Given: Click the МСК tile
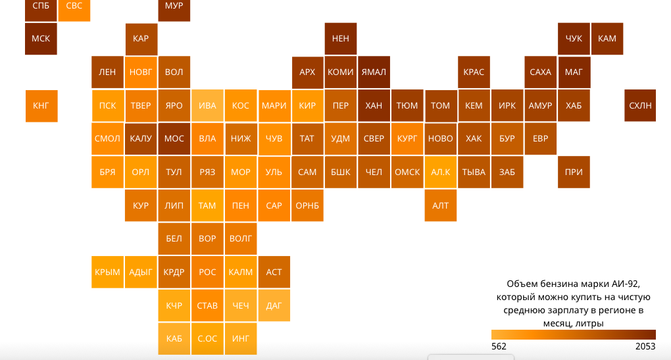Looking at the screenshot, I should click(x=41, y=39).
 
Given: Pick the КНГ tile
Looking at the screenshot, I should click(x=41, y=105).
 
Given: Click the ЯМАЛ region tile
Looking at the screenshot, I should click(x=374, y=72).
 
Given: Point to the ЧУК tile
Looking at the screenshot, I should click(x=574, y=39).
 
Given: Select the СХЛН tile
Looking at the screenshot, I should click(x=640, y=105).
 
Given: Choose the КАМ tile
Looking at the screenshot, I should click(x=607, y=39).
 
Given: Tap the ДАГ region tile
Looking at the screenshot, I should click(x=274, y=305).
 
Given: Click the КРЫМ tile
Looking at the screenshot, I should click(x=107, y=272).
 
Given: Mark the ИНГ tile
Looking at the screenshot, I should click(x=241, y=339).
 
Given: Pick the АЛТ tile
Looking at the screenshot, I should click(x=441, y=205).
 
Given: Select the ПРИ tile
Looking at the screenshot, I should click(x=574, y=172).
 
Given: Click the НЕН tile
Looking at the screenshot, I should click(x=341, y=39).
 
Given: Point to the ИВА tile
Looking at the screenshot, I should click(x=207, y=105).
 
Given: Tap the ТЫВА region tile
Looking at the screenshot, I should click(x=474, y=172).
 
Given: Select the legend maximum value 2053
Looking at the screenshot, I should click(x=645, y=346).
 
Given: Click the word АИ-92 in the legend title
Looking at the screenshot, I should click(x=624, y=284).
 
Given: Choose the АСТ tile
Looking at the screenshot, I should click(x=274, y=272).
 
